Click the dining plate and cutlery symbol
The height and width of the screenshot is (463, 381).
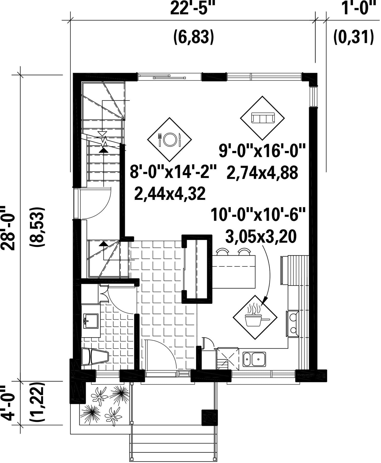[x=170, y=139]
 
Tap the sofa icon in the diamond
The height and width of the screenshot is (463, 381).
[x=262, y=118]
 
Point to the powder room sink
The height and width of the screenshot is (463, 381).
[x=90, y=321]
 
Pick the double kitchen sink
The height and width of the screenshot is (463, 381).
[x=254, y=359]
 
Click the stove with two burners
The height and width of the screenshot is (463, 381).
[x=292, y=324]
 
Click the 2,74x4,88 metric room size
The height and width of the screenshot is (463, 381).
[x=262, y=172]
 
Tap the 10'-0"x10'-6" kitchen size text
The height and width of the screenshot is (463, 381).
[x=258, y=215]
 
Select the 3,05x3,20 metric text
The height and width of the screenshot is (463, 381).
[x=261, y=237]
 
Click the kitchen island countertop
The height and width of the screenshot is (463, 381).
[x=234, y=272]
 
